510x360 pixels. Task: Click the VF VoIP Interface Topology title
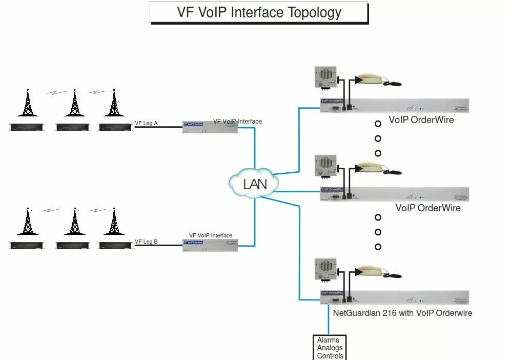[259, 12]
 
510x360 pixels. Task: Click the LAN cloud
[255, 183]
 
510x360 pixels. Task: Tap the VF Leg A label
[146, 123]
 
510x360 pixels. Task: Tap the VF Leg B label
[146, 242]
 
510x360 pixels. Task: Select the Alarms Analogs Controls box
[330, 348]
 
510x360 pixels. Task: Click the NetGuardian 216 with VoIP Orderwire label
[402, 313]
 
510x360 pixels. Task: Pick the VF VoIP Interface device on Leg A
[210, 128]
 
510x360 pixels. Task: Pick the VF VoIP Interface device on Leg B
[210, 245]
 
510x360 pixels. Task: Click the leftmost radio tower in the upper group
[28, 103]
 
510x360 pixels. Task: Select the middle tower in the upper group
[75, 103]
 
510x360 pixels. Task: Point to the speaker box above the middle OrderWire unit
[325, 167]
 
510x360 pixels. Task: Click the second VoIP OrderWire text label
[427, 208]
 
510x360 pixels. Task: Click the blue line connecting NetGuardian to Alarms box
[329, 321]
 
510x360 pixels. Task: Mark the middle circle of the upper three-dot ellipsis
[378, 138]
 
